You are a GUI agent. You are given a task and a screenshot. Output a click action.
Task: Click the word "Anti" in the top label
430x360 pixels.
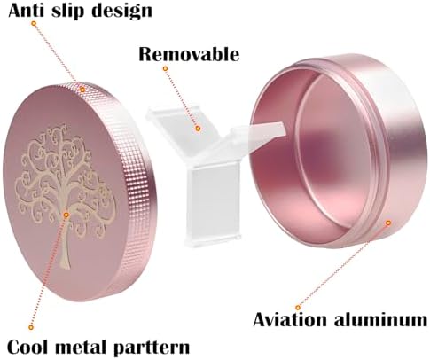pos(27,11)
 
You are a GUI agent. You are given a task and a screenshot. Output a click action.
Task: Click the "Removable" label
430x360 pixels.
pos(189,54)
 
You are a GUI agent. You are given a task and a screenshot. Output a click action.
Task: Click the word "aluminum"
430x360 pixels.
pos(380,319)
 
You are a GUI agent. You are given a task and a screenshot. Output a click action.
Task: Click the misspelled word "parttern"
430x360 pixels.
pos(152,348)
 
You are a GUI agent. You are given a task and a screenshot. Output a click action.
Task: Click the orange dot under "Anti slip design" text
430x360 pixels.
pos(34,23)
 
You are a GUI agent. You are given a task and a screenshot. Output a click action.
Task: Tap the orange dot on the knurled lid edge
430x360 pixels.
pos(82,90)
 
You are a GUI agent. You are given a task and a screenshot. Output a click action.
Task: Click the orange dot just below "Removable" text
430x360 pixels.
pos(166,68)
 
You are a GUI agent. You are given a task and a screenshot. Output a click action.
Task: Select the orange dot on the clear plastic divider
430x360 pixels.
pos(199,129)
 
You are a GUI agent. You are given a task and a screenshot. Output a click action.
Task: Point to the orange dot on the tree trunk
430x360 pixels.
pos(66,215)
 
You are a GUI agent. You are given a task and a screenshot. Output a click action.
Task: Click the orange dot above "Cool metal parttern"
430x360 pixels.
pos(31,327)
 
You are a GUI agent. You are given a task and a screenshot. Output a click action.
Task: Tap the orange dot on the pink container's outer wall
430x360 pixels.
pos(388,223)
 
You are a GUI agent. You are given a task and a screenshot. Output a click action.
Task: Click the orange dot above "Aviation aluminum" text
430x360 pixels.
pos(298,308)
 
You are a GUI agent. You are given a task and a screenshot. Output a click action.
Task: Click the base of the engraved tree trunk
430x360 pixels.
pos(65,265)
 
